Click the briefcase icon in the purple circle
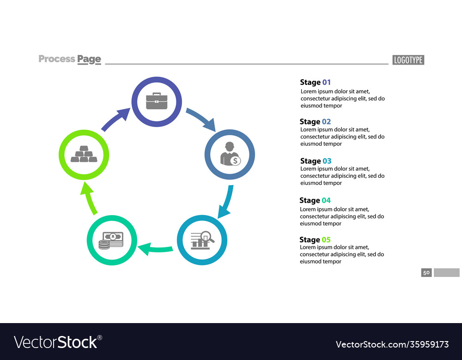pyautogui.click(x=156, y=101)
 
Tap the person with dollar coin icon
pyautogui.click(x=230, y=154)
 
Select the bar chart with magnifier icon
pyautogui.click(x=202, y=240)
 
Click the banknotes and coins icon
pyautogui.click(x=111, y=240)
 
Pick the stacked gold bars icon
pyautogui.click(x=84, y=154)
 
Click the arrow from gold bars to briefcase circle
pyautogui.click(x=115, y=119)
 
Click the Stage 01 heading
pyautogui.click(x=316, y=82)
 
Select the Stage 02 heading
pyautogui.click(x=315, y=121)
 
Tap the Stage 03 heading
pyautogui.click(x=316, y=161)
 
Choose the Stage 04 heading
pyautogui.click(x=315, y=200)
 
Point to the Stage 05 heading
pyautogui.click(x=315, y=240)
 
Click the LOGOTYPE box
pyautogui.click(x=408, y=60)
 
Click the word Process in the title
pyautogui.click(x=57, y=59)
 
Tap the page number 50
pyautogui.click(x=426, y=273)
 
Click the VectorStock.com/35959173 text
pyautogui.click(x=392, y=344)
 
